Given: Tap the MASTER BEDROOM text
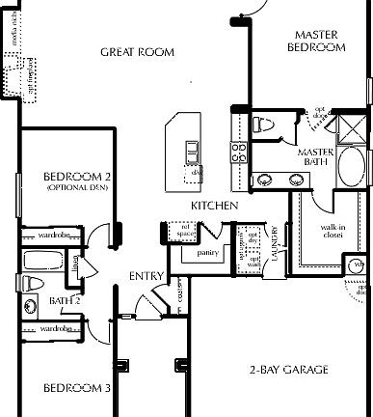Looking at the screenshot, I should point(318,42).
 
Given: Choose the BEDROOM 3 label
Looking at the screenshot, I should point(77,388).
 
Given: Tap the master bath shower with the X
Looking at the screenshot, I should point(342,126).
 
